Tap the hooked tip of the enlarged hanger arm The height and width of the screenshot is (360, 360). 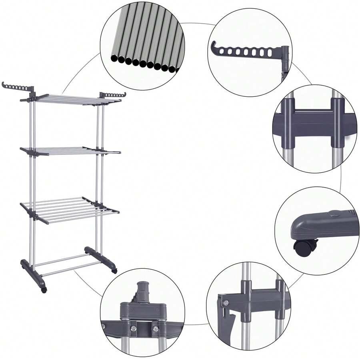pos(212,47)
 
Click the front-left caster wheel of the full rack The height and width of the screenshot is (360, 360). pos(44,289)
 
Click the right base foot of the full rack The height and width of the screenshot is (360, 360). pos(100,258)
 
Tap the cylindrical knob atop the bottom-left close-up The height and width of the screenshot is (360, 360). pos(142,289)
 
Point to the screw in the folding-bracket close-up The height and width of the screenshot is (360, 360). pos(226,303)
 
